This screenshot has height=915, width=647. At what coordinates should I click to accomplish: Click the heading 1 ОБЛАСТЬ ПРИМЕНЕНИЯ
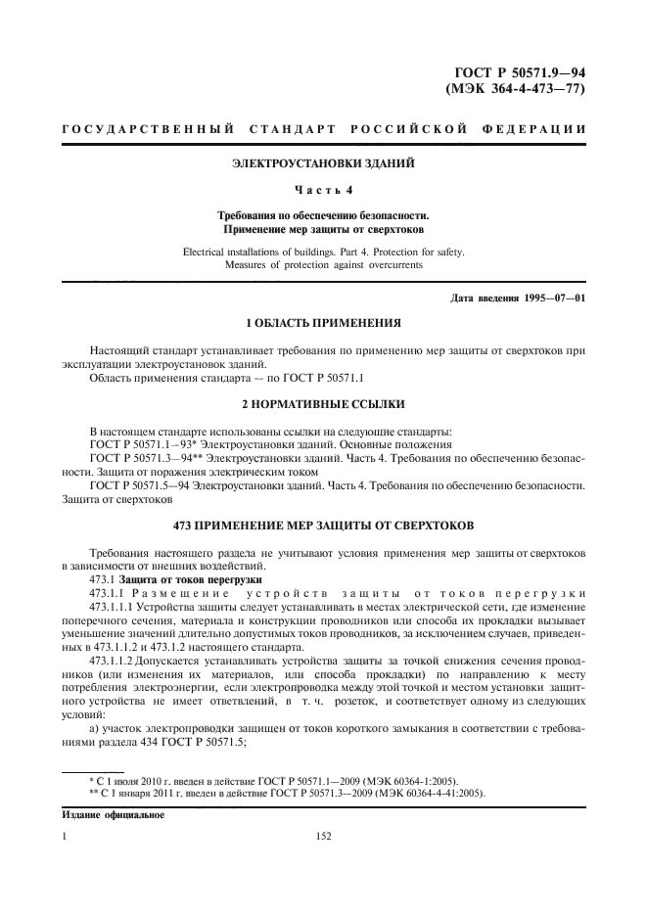point(322,323)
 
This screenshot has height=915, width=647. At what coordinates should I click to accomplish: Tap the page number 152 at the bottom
point(323,837)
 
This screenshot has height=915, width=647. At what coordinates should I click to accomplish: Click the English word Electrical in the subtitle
point(207,252)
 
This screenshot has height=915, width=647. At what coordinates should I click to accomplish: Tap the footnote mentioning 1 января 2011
point(277,793)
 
